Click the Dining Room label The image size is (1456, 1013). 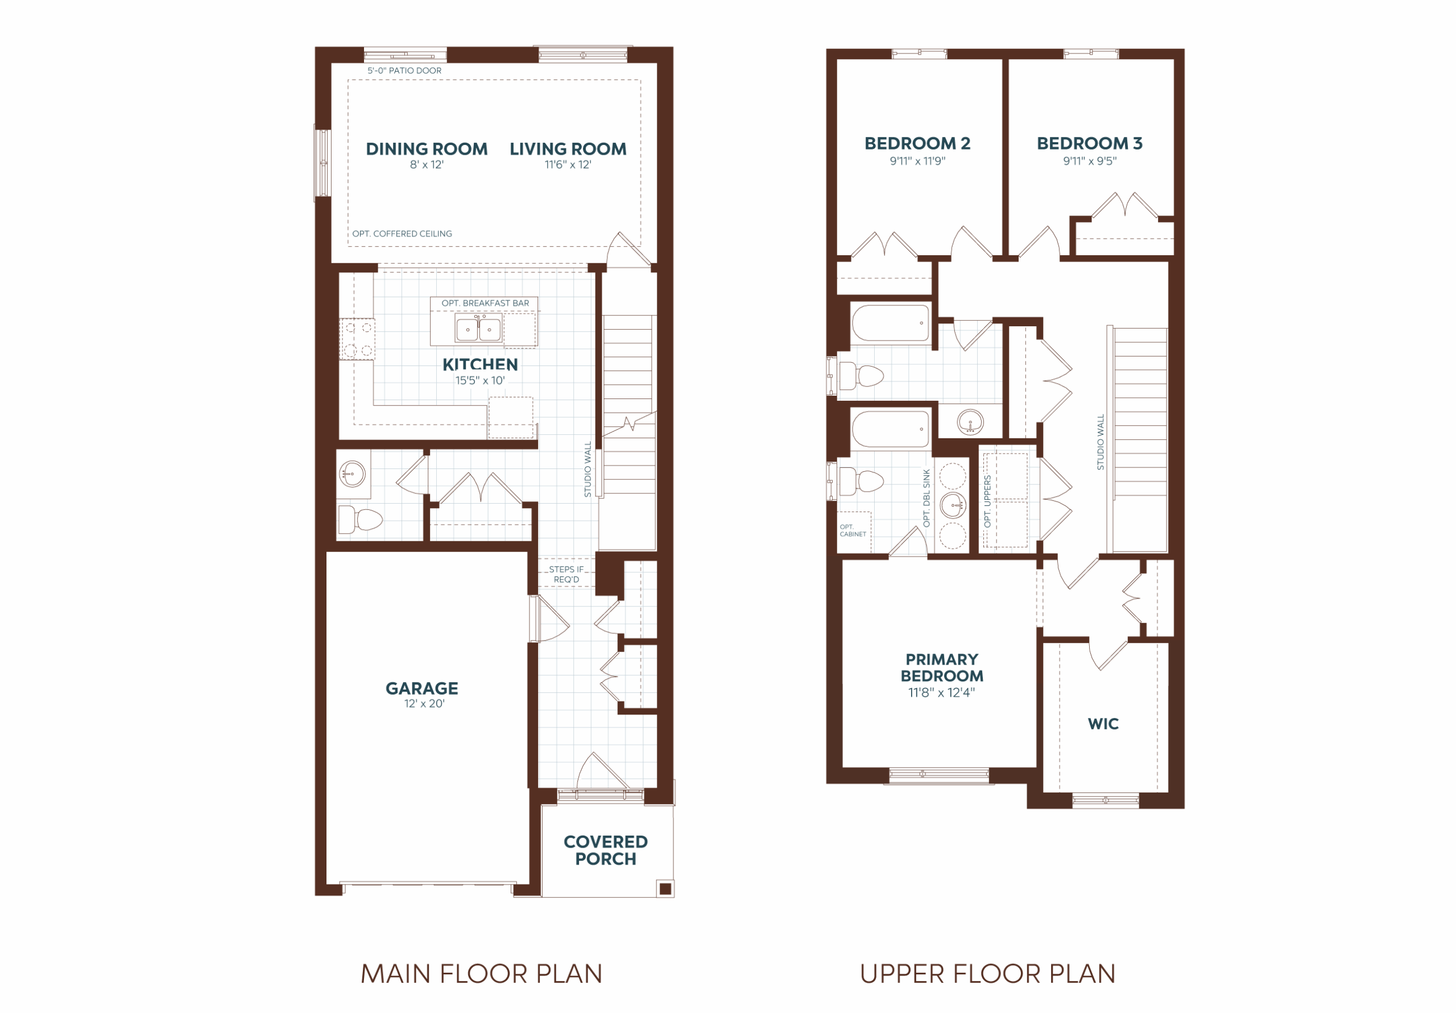tap(426, 149)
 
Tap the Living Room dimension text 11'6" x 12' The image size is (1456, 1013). tap(568, 165)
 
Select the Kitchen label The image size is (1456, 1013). tap(480, 364)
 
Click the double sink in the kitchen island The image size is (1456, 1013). tap(478, 330)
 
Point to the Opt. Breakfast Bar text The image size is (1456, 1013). tap(485, 303)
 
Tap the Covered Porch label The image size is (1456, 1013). tap(606, 850)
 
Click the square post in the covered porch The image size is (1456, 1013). tap(665, 889)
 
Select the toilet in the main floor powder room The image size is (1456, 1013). tap(360, 520)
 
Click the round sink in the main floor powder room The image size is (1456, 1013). tap(352, 473)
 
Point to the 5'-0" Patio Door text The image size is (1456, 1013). tap(404, 70)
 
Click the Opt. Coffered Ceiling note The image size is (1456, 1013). tap(402, 234)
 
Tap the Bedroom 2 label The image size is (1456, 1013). tap(917, 143)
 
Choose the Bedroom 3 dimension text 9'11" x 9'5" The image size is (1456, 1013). tap(1090, 161)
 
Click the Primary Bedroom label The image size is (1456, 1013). tap(942, 667)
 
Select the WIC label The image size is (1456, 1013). tap(1103, 724)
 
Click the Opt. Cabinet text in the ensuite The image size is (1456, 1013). tap(853, 530)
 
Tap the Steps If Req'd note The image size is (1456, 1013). tap(566, 574)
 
